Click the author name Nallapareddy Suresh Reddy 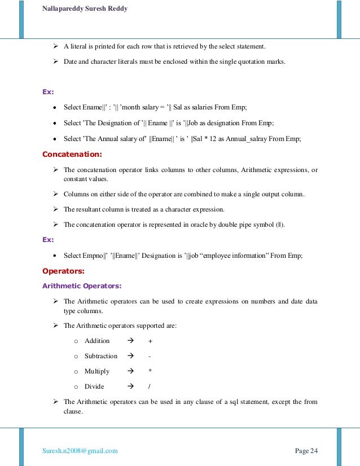(x=84, y=8)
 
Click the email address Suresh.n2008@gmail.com (x=80, y=450)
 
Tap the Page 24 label (x=306, y=450)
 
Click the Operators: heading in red (x=63, y=270)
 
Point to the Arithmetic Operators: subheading (x=82, y=285)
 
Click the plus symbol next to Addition (x=150, y=341)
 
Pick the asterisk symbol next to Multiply (x=150, y=371)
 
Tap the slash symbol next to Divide (x=150, y=386)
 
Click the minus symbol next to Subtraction (x=150, y=356)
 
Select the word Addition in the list (x=97, y=341)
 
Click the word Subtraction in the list (x=101, y=356)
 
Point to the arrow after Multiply (x=130, y=371)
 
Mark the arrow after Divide (x=130, y=386)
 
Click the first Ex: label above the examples (x=49, y=91)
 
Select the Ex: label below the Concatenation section (x=49, y=240)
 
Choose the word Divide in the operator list (x=94, y=386)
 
